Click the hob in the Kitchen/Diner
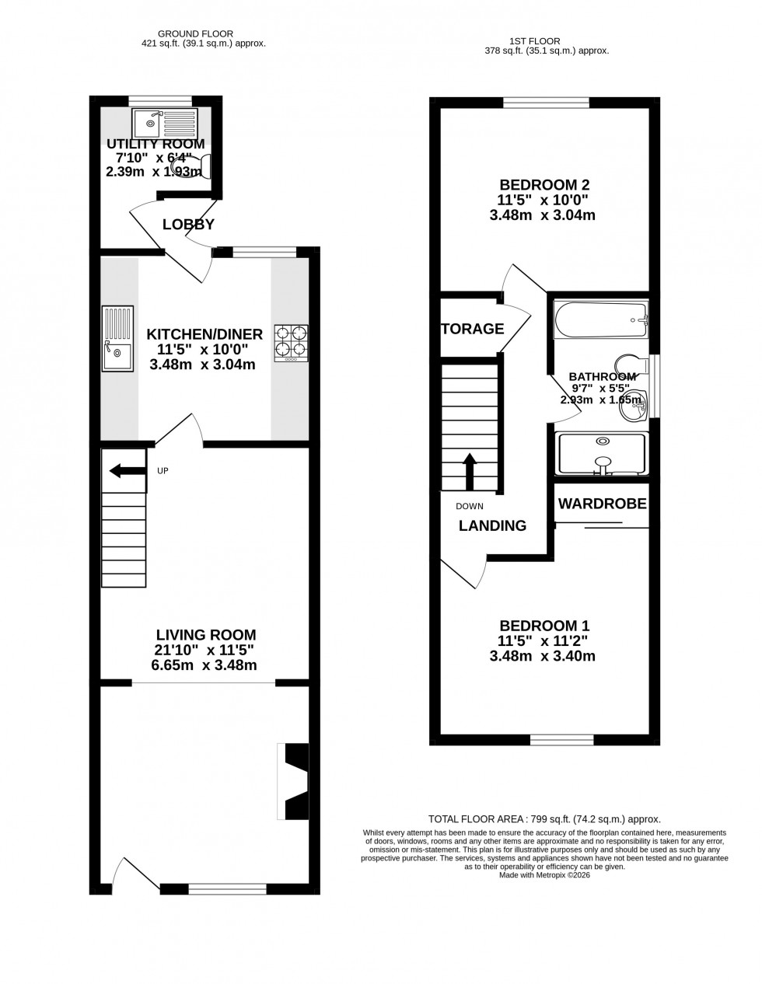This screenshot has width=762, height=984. point(291,343)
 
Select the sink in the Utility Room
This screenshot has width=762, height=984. point(165,122)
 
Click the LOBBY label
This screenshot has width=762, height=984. point(188,225)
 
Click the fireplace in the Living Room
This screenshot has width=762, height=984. point(295,781)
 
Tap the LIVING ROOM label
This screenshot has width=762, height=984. point(205,635)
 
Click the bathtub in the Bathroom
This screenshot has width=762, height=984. point(600,319)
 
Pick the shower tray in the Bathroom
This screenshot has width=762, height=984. point(601,454)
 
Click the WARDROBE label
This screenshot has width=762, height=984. point(602,504)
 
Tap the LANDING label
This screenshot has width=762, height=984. point(492,525)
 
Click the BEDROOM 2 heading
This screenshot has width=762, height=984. point(544,185)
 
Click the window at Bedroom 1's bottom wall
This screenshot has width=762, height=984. point(561,740)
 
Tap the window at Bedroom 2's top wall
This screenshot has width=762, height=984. point(546,102)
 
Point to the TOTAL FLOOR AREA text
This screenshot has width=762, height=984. point(544,819)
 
